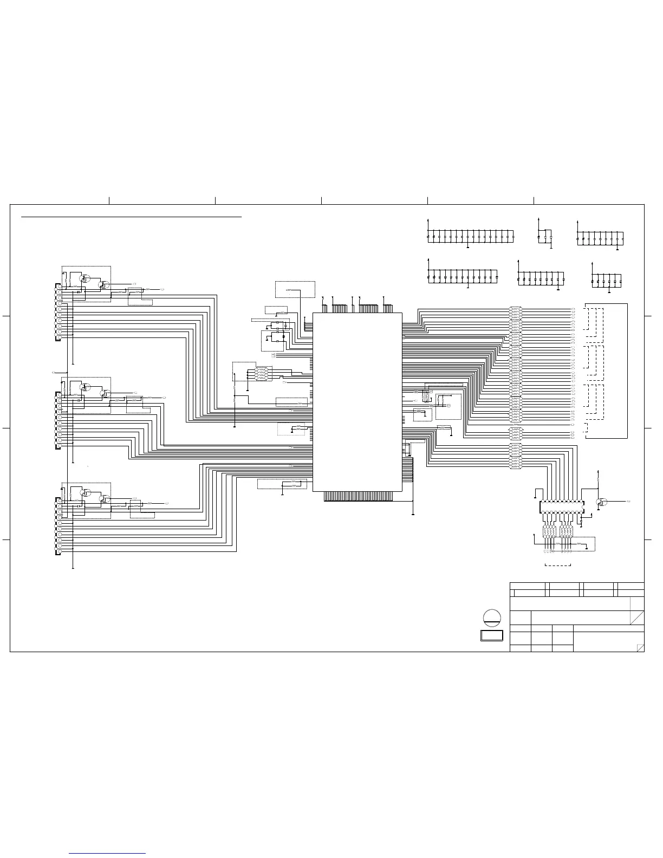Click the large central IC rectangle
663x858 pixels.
coord(357,401)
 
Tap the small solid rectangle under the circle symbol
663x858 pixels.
coord(491,635)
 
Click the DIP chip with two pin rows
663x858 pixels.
coord(561,507)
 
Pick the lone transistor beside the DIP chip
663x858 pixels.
coord(601,502)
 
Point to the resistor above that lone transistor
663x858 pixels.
coord(598,479)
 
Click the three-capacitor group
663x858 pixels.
coord(544,237)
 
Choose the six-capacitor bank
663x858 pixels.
coord(607,281)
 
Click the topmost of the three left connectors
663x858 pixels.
coord(59,313)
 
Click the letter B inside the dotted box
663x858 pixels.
coord(448,405)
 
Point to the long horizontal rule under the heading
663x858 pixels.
coord(131,217)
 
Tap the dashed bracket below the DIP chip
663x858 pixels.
coord(557,565)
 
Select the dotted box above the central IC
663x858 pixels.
coord(295,289)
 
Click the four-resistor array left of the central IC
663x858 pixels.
coord(262,374)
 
